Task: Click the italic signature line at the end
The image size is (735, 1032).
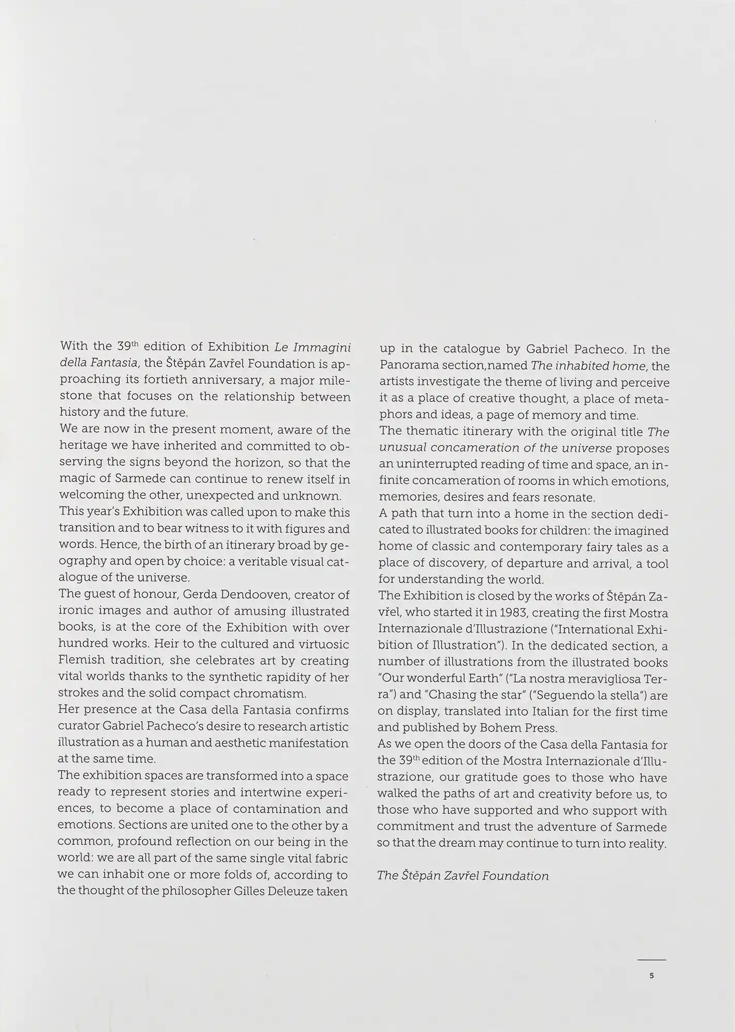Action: point(463,876)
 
